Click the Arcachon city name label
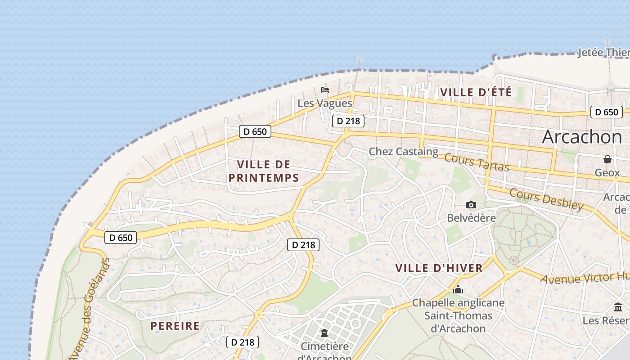point(581,137)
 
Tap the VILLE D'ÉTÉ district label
point(476,93)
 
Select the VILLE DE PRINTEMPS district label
point(264,171)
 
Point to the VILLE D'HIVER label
point(439,268)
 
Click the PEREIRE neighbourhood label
point(175,326)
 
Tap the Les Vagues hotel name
point(324,103)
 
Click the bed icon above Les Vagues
point(324,90)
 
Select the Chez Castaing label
point(403,152)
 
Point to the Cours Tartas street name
point(477,162)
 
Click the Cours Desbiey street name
point(546,199)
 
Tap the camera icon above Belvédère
point(471,205)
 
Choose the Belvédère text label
point(471,218)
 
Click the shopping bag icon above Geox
point(607,159)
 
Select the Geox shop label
point(607,172)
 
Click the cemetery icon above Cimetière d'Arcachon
point(324,333)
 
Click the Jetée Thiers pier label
point(603,53)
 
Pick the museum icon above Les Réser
point(618,307)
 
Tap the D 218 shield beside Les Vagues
point(348,121)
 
